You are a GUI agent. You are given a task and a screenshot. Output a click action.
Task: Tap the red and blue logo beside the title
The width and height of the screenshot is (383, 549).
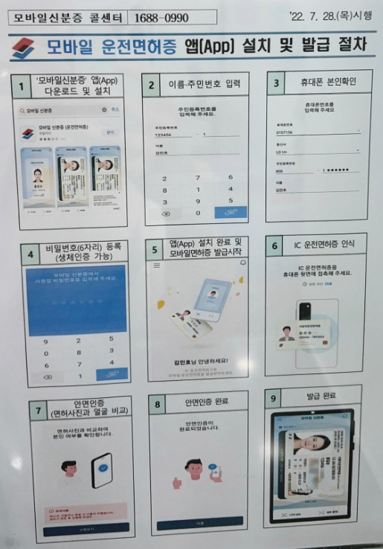tap(25, 48)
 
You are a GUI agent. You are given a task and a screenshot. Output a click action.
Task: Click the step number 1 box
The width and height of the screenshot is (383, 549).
tap(21, 86)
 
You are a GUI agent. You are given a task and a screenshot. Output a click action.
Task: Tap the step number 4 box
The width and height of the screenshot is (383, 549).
tap(30, 254)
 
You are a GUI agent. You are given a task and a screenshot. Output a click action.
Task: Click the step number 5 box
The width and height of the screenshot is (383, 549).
tap(155, 251)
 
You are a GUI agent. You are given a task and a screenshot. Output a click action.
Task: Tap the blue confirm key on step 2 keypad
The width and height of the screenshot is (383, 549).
tap(231, 213)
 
